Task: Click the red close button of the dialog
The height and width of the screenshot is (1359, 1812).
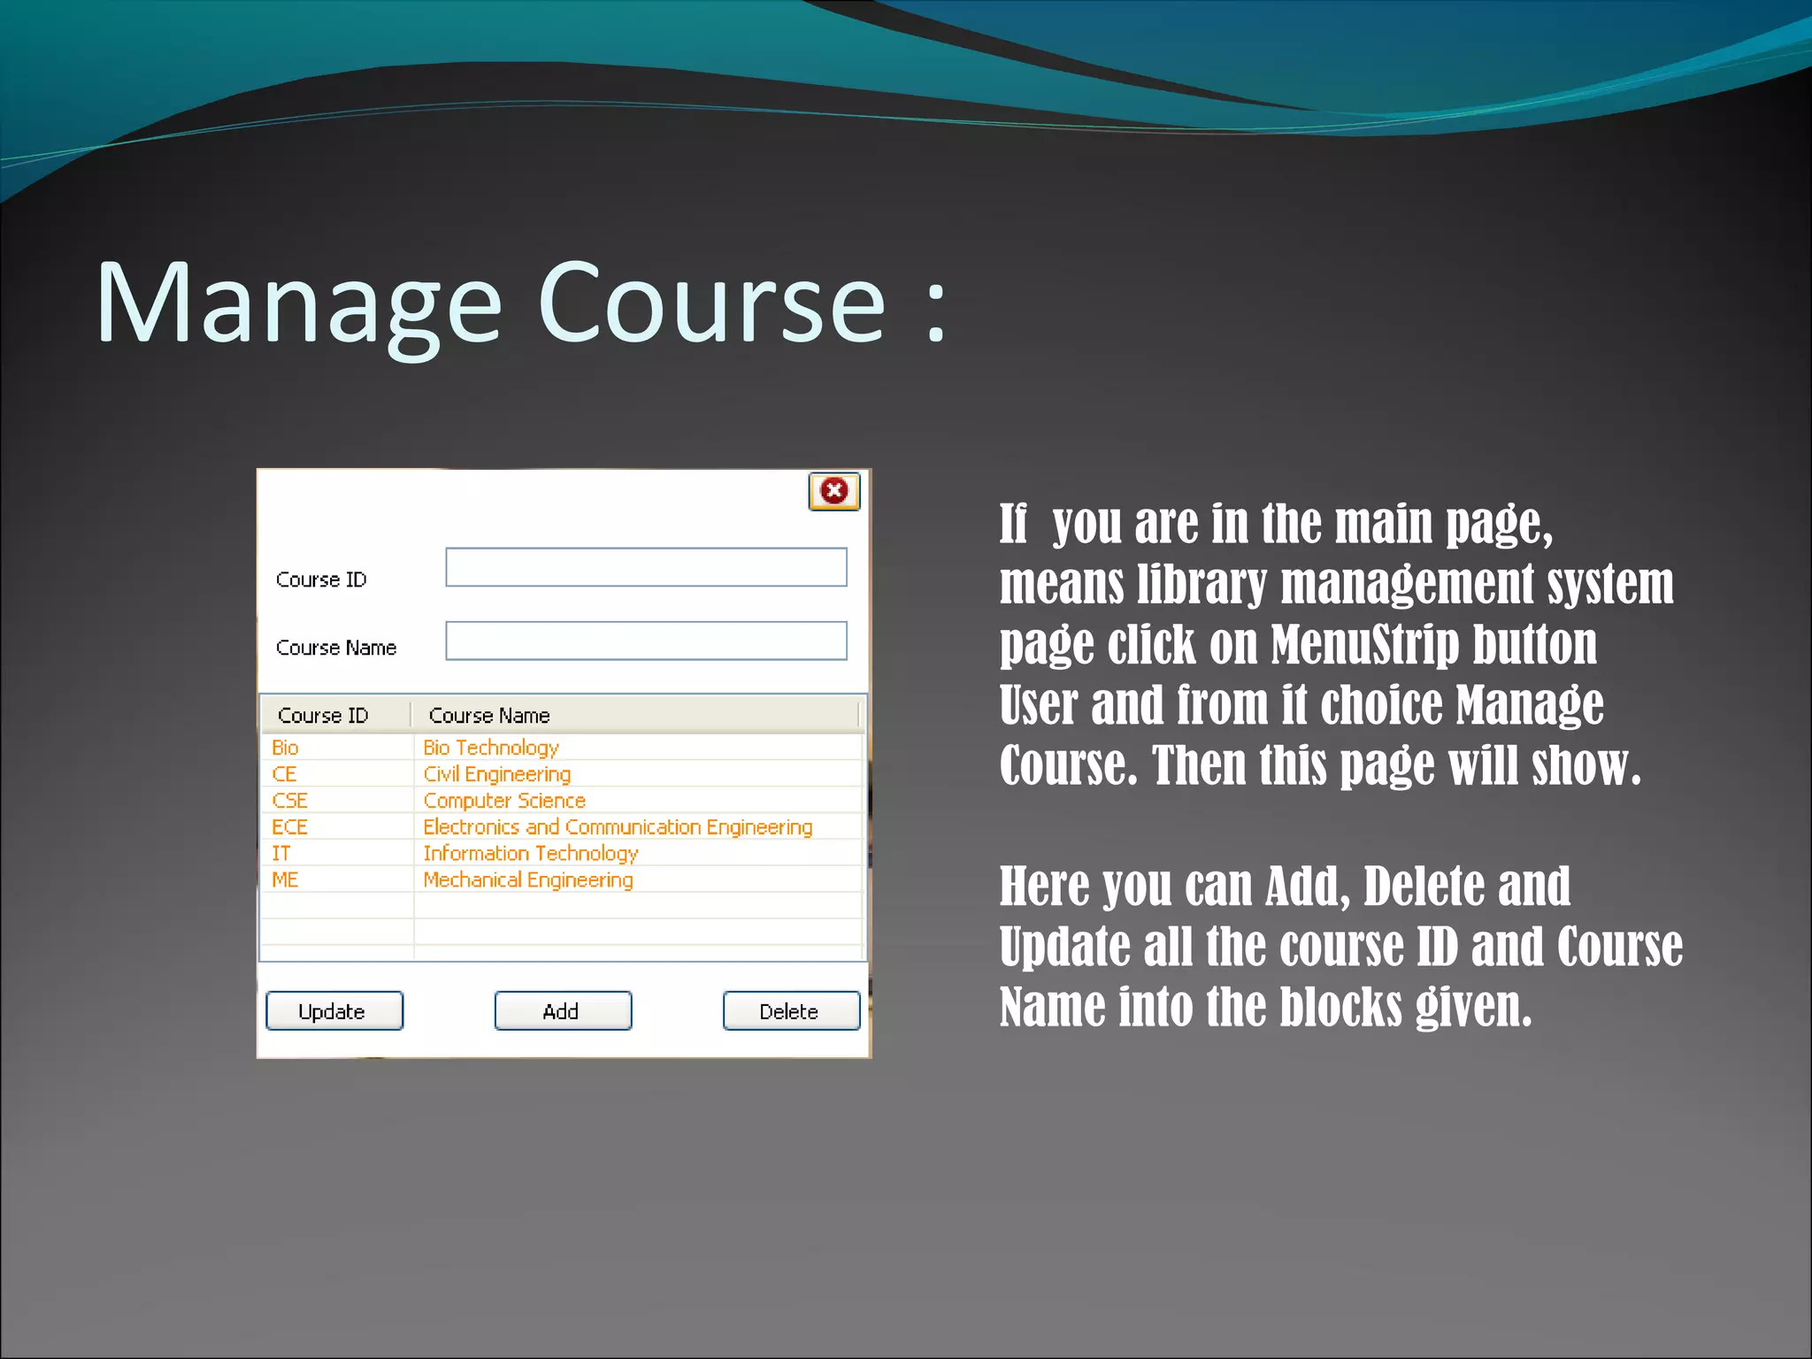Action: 833,491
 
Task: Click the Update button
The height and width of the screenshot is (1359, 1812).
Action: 334,1010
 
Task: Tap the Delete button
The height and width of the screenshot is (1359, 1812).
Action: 791,1010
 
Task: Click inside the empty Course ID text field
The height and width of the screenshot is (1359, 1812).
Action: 646,567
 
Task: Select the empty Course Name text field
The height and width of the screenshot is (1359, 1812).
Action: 646,641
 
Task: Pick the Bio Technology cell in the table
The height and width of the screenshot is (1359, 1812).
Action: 491,748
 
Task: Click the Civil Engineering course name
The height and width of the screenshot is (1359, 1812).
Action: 496,774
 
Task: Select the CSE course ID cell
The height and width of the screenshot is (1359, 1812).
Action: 289,801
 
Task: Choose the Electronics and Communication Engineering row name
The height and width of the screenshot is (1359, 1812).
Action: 618,827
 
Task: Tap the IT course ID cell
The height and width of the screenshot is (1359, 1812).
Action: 280,854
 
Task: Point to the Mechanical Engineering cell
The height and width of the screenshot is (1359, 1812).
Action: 528,880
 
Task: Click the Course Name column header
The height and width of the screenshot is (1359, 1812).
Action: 489,715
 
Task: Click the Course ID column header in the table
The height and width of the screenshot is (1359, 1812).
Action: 323,715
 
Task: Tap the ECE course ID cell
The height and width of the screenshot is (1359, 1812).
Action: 289,827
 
